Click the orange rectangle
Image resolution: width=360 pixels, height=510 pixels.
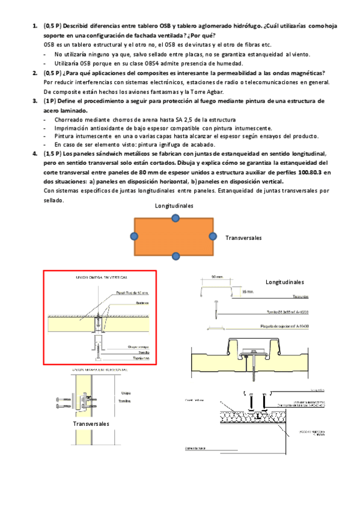pyautogui.click(x=174, y=236)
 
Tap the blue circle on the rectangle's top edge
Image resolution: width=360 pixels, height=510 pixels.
pyautogui.click(x=174, y=217)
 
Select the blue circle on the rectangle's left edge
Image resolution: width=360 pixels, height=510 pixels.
pyautogui.click(x=134, y=236)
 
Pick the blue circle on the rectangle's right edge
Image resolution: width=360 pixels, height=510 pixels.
pyautogui.click(x=212, y=236)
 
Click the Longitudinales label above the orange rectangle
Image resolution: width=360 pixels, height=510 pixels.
pyautogui.click(x=174, y=206)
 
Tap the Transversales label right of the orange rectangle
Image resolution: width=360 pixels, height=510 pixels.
pyautogui.click(x=243, y=238)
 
